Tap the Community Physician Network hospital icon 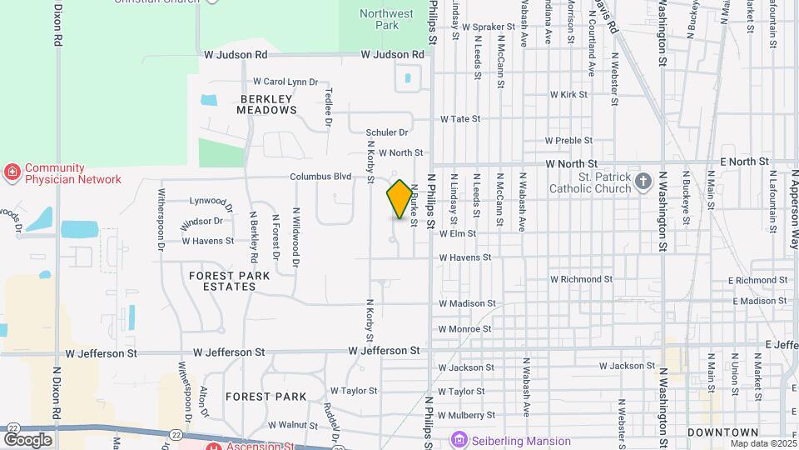pyautogui.click(x=12, y=173)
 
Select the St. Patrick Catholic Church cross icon pyautogui.click(x=643, y=182)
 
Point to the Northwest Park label pyautogui.click(x=387, y=19)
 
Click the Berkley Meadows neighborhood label pyautogui.click(x=267, y=104)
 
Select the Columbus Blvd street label pyautogui.click(x=320, y=177)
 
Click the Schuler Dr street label pyautogui.click(x=387, y=132)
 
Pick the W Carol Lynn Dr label pyautogui.click(x=285, y=82)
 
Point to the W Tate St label pyautogui.click(x=460, y=119)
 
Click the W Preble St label pyautogui.click(x=569, y=141)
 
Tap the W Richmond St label pyautogui.click(x=581, y=279)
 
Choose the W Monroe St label pyautogui.click(x=467, y=329)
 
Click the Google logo pyautogui.click(x=27, y=439)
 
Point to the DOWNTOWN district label pyautogui.click(x=722, y=432)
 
